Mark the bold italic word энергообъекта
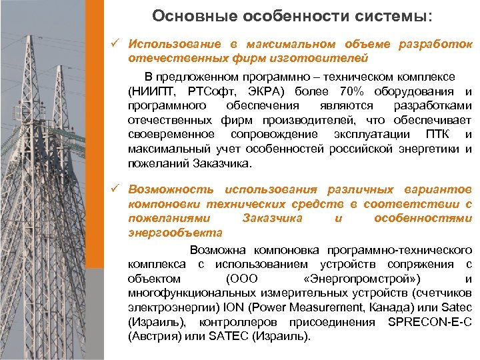tap(176, 233)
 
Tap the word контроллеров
tap(240, 322)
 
